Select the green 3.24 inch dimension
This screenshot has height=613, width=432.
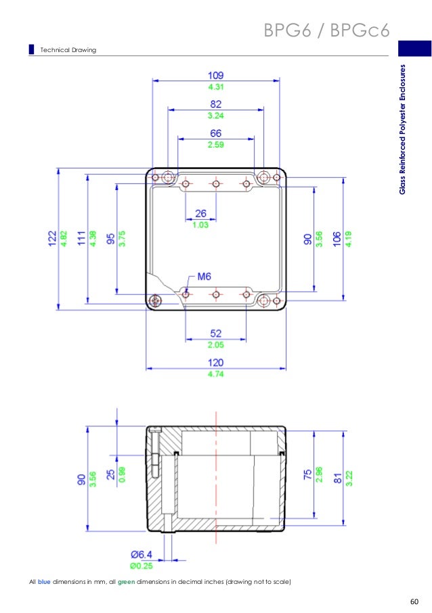coord(216,116)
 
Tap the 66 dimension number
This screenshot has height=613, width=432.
coord(216,134)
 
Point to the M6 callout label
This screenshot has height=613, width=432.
coord(205,276)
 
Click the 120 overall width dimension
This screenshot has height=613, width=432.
coord(216,363)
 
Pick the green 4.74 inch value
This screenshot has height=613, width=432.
coord(216,373)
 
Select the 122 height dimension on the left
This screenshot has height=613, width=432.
coord(52,239)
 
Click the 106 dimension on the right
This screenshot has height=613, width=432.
coord(337,239)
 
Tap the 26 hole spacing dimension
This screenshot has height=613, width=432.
coord(201,213)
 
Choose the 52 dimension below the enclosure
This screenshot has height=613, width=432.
coord(216,334)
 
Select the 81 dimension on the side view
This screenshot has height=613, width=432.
coord(337,478)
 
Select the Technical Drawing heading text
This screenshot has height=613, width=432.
coord(68,50)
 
